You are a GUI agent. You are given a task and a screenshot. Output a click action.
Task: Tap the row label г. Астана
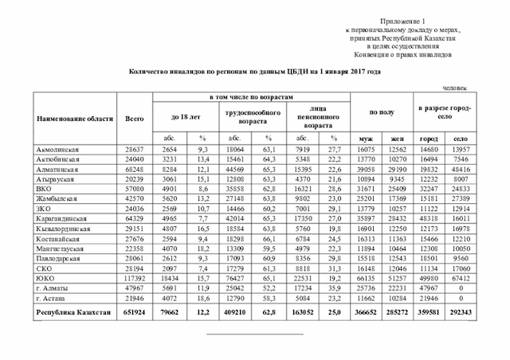coord(53,295)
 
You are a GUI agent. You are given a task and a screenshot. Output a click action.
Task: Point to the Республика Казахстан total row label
coord(72,313)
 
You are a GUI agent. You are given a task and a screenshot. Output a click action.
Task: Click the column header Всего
coord(135,119)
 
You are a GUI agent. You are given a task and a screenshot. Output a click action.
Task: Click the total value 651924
coord(135,313)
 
